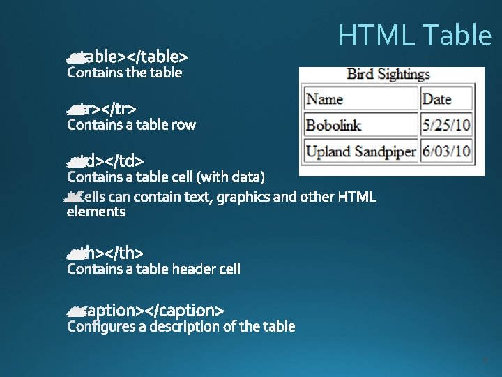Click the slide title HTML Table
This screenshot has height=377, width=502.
click(415, 35)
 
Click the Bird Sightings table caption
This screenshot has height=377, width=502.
click(388, 74)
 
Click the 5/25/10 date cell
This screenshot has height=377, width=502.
click(446, 125)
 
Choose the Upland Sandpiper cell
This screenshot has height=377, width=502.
click(360, 150)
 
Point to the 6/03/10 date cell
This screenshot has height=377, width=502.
click(446, 150)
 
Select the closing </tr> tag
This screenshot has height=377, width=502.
click(116, 108)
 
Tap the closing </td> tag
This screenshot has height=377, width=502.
click(125, 161)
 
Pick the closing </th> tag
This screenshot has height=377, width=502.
click(125, 252)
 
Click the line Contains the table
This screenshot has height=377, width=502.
click(124, 73)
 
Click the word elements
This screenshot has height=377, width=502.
click(96, 212)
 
